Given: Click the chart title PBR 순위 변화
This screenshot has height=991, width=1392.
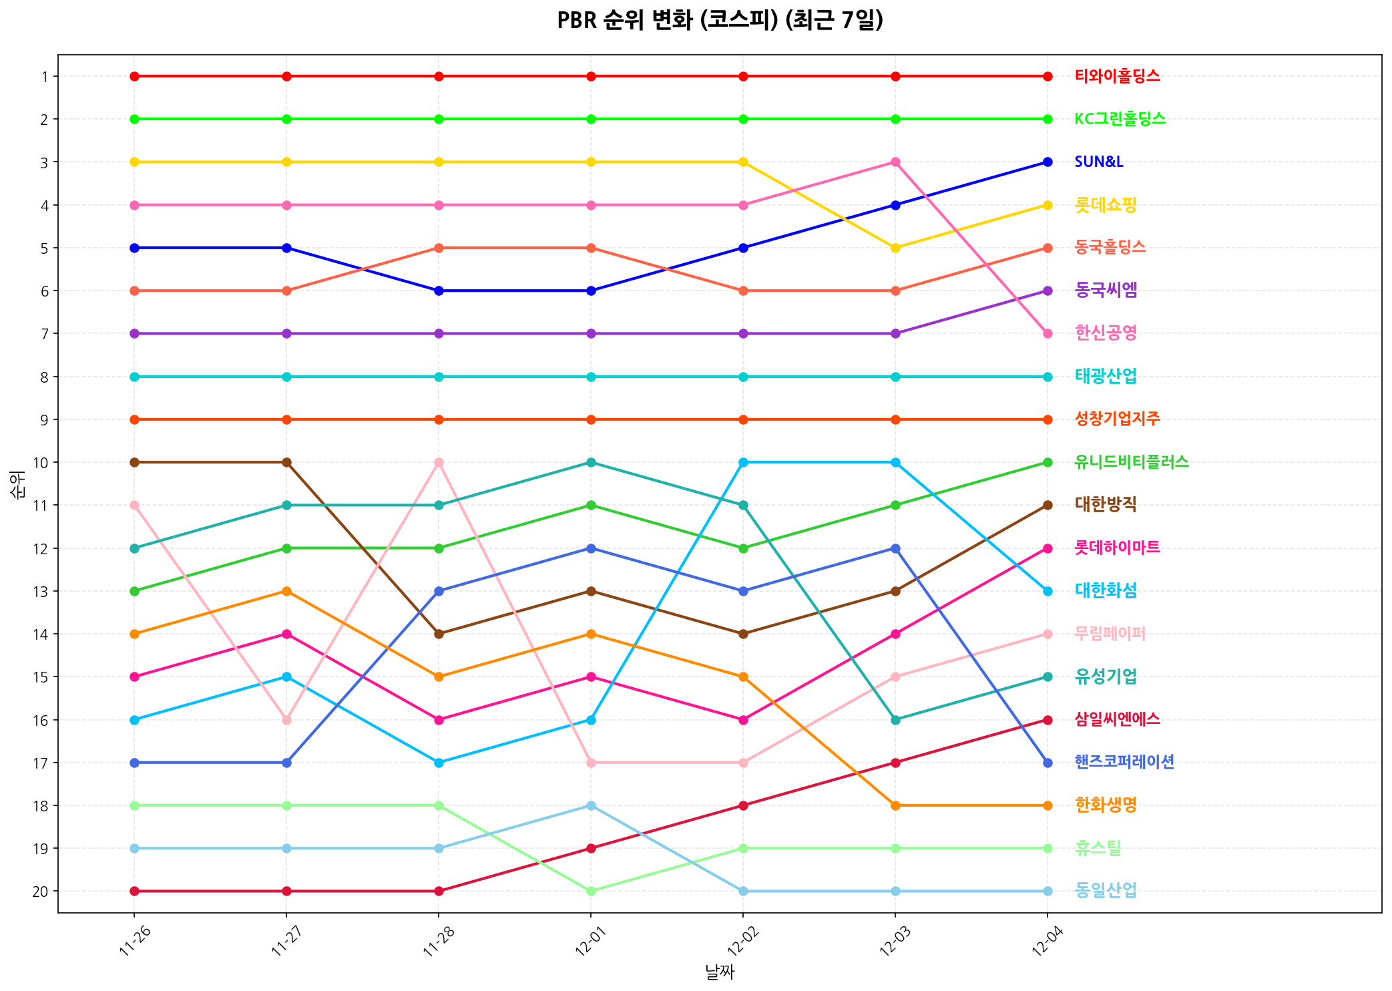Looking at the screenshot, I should coord(720,21).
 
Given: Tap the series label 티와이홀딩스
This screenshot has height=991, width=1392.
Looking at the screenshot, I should coord(1117,76).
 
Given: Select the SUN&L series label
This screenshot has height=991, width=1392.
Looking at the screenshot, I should coord(1099,162).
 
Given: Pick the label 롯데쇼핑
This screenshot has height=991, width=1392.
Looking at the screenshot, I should coord(1106,205).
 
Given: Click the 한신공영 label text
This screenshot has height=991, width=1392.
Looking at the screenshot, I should coord(1106,333).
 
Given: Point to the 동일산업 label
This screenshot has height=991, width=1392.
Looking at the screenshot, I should coord(1106,890).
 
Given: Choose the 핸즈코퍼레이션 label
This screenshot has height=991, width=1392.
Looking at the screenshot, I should coord(1124,762).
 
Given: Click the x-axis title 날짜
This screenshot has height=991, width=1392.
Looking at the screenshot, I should coord(720,972).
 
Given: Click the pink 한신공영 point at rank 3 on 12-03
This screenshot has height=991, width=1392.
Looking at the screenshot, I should coord(896,162).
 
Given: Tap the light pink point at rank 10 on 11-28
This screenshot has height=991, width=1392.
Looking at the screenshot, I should coord(439,462).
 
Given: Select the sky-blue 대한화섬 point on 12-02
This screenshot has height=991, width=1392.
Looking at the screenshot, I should coord(743,462).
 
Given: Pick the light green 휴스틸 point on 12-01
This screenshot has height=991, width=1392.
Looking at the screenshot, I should coord(591,891).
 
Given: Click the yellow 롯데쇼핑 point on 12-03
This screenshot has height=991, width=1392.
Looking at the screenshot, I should coord(896,248).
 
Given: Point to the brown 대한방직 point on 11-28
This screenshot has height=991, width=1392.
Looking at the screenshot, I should coord(439,634).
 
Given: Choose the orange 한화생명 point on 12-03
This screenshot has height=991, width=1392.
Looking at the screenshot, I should coord(896,805).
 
